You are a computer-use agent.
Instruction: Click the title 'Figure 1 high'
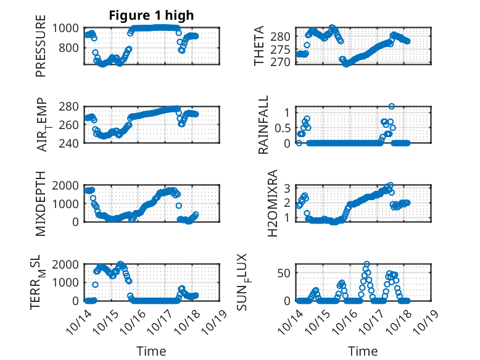pos(151,15)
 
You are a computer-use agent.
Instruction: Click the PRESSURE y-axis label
pos(41,50)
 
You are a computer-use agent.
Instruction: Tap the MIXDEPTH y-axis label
pos(41,203)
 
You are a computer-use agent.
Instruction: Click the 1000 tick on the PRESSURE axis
pos(66,28)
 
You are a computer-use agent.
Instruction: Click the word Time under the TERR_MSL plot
pos(151,351)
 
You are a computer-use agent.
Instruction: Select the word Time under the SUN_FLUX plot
pos(362,351)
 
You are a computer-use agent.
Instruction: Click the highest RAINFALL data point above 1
pos(391,106)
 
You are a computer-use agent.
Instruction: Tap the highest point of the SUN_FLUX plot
pos(366,264)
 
